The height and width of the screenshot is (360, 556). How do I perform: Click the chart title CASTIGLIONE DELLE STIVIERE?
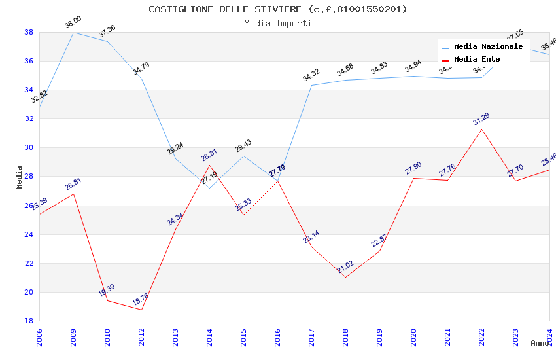(277, 9)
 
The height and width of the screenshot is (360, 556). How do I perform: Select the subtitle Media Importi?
(277, 23)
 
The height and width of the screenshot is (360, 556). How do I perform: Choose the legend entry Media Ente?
(476, 59)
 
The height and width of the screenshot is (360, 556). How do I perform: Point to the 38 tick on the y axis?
(29, 32)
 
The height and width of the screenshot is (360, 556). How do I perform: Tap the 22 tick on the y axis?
(29, 263)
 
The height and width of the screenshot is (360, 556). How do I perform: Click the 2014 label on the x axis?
(209, 336)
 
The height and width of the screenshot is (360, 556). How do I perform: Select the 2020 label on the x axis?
(413, 336)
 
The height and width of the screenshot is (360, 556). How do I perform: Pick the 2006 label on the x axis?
(39, 336)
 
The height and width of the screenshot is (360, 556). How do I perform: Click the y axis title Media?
(20, 177)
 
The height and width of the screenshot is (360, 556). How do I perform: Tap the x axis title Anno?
(540, 343)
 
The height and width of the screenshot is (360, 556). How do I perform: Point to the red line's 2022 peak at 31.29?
(482, 129)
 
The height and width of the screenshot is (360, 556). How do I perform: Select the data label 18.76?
(140, 300)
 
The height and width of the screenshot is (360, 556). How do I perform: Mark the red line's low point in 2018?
(345, 277)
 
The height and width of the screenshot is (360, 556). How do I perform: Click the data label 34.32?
(311, 76)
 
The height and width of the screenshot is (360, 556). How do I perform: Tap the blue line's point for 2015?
(243, 156)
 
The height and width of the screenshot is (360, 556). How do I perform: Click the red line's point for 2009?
(73, 194)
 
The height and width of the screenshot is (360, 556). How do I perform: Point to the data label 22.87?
(379, 241)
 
